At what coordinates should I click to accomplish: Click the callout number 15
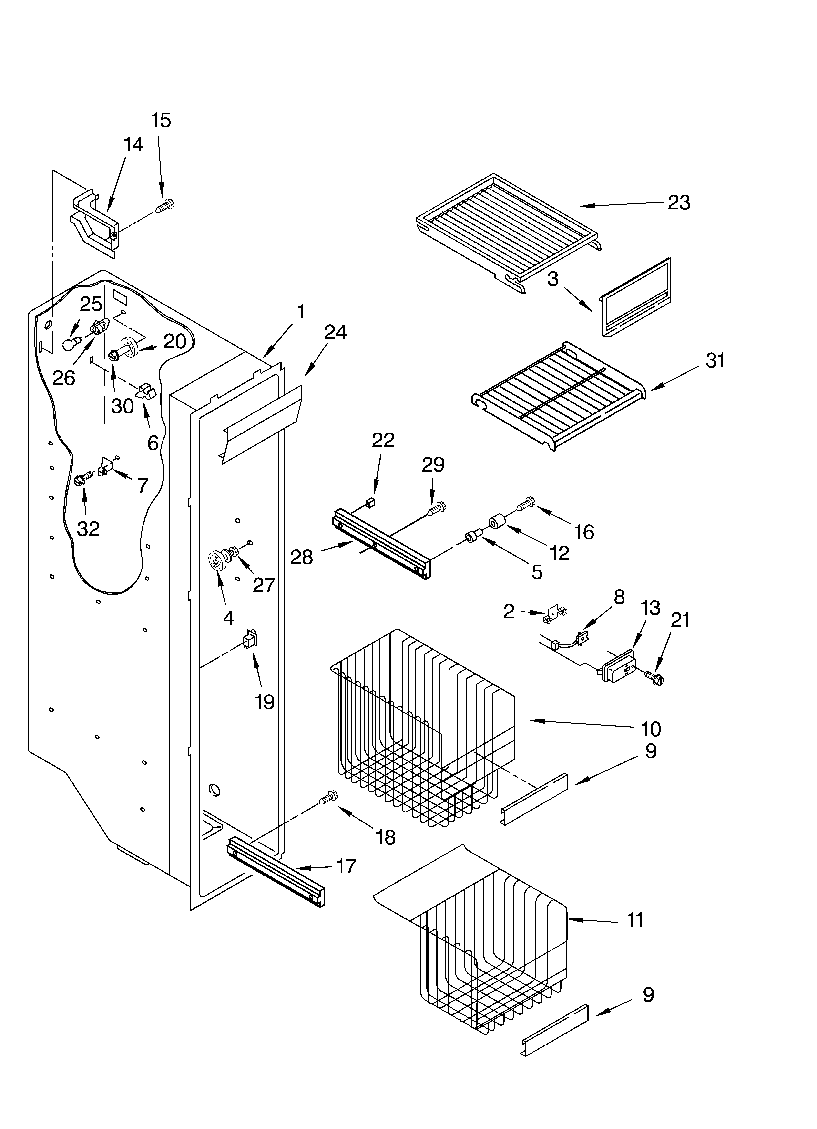pyautogui.click(x=161, y=120)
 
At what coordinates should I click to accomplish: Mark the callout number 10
pyautogui.click(x=651, y=729)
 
